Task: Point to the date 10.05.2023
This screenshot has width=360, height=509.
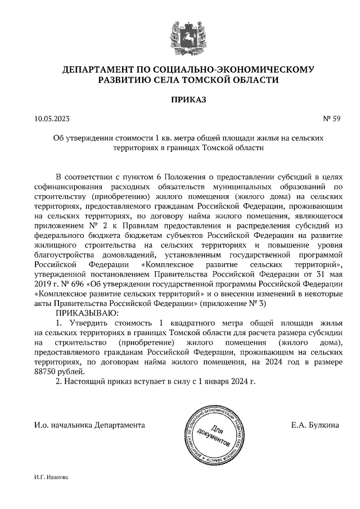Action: coord(52,119)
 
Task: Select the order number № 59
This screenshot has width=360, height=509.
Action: coord(332,119)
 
